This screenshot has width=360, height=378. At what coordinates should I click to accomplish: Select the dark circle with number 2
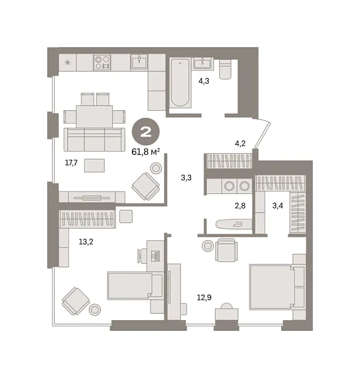click(x=145, y=132)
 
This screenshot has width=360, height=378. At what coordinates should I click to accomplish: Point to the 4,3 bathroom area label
click(x=204, y=81)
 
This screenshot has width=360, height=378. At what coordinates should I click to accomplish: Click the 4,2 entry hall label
click(x=240, y=143)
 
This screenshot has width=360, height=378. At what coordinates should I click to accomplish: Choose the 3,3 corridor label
click(x=186, y=178)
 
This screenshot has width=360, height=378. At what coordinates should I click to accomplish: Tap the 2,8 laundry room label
click(x=240, y=206)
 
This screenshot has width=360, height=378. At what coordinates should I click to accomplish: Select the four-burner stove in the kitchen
click(x=102, y=62)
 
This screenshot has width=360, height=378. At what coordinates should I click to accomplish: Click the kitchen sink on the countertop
click(x=140, y=62)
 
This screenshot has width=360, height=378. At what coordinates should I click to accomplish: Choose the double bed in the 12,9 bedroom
click(x=276, y=287)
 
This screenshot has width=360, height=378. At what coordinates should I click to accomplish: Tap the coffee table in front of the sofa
click(x=95, y=166)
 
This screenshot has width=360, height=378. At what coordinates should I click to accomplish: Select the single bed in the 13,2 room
click(x=134, y=287)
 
